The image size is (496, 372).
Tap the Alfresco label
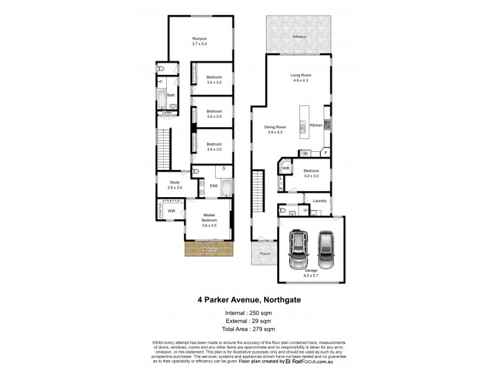coord(299,37)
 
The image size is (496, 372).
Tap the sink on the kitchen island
coord(303,128)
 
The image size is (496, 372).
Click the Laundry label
coord(320,200)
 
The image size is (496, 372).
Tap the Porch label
coord(264,254)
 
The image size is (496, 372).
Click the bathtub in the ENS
coord(226,188)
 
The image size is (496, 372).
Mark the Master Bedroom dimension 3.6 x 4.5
coord(209,226)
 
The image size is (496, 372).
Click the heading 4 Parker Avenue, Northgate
coord(249,299)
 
